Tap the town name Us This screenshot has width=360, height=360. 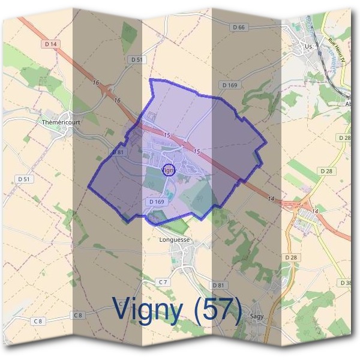pos(308,46)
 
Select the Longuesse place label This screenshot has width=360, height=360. pos(175,240)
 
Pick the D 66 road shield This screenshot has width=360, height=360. pos(239,28)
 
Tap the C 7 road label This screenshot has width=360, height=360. pos(163,282)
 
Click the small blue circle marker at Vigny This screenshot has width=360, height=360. pos(169,170)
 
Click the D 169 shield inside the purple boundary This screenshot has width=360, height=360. pos(155,202)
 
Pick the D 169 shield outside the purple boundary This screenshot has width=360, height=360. pos(229,85)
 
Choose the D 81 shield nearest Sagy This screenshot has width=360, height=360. pos(218,284)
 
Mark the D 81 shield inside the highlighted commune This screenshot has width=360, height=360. pos(118,152)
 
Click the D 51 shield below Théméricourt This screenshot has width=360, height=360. pos(25,179)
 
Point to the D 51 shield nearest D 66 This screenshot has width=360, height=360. pos(137,59)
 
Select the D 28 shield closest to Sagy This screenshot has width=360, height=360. pos(291,257)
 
